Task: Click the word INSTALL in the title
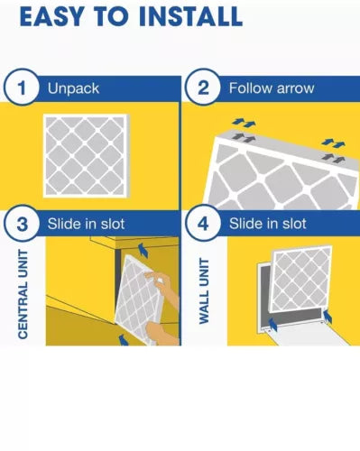click(191, 16)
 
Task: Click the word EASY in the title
click(51, 16)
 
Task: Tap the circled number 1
click(22, 87)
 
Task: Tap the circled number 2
click(203, 87)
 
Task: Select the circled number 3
click(22, 224)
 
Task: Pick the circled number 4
click(203, 224)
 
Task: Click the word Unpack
click(73, 88)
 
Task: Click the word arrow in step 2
click(295, 88)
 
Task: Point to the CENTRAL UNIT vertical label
click(23, 294)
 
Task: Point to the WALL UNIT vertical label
click(204, 290)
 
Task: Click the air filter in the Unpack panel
click(87, 156)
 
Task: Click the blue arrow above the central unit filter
click(143, 251)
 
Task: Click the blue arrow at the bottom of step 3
click(123, 340)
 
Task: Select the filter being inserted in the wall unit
click(300, 280)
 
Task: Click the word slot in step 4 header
click(294, 224)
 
